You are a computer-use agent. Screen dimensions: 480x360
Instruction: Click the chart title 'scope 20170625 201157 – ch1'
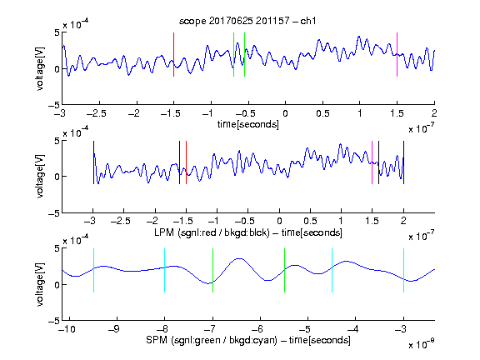click(247, 21)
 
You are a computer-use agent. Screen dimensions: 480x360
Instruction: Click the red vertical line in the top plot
click(173, 54)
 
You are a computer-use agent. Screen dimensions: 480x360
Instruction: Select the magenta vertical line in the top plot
click(397, 54)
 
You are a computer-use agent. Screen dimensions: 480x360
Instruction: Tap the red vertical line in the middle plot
click(186, 162)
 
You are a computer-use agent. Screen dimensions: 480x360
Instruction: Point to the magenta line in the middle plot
click(372, 162)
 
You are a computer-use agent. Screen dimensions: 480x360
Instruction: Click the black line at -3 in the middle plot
click(93, 162)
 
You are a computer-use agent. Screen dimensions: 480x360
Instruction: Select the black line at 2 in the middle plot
click(403, 162)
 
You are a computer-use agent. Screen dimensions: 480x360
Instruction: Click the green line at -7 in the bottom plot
click(212, 270)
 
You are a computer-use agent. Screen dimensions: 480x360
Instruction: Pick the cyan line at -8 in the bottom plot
click(165, 270)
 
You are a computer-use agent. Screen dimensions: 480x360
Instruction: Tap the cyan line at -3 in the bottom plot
click(403, 270)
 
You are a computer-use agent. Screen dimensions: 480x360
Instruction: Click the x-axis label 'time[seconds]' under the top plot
click(248, 124)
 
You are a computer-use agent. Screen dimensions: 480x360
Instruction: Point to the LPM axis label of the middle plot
click(248, 232)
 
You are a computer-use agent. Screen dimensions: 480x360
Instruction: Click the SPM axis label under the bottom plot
click(248, 340)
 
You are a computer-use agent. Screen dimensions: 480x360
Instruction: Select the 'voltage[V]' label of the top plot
click(40, 68)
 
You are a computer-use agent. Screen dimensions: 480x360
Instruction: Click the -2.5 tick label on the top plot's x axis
click(97, 113)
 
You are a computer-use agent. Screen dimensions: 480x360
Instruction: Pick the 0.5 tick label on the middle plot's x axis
click(310, 221)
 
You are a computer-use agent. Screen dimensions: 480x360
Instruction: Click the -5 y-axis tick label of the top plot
click(54, 105)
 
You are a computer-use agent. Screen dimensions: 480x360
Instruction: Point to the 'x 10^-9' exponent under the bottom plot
click(422, 344)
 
